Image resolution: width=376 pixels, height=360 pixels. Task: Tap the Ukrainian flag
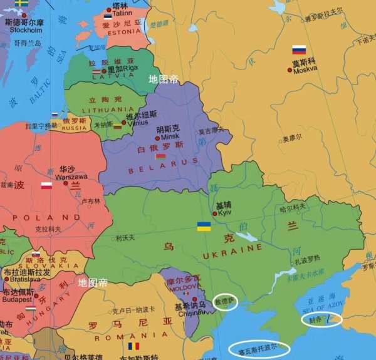tap(204, 226)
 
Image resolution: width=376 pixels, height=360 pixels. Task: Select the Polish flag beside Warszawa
tap(46, 185)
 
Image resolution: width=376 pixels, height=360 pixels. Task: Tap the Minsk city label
tap(170, 136)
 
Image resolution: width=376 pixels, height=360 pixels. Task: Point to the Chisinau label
tap(189, 314)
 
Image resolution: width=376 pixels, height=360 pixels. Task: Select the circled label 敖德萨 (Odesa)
tap(224, 302)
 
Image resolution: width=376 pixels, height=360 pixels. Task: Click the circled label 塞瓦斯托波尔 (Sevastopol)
tap(259, 348)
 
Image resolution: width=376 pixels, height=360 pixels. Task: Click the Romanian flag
tap(133, 346)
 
